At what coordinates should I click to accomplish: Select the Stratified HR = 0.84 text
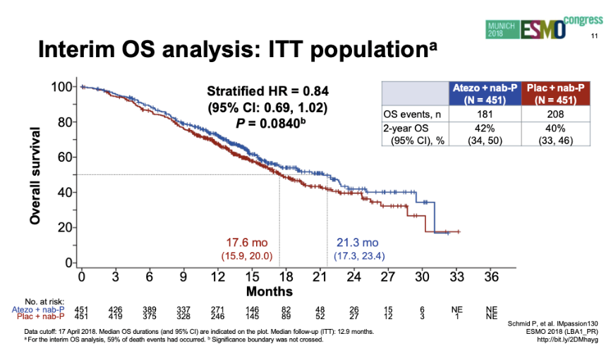[267, 92]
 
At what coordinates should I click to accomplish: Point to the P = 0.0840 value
[267, 124]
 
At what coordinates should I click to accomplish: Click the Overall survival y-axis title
[35, 176]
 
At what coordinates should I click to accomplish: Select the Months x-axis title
[269, 291]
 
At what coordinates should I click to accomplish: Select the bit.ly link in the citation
[568, 340]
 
